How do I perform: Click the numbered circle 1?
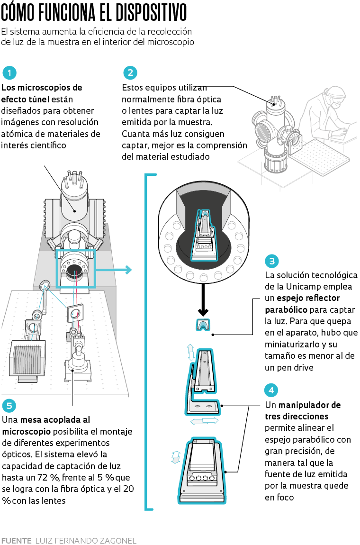9,73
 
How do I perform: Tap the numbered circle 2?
130,73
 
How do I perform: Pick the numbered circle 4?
271,391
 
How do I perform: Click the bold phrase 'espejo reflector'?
308,298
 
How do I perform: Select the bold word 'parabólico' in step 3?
286,309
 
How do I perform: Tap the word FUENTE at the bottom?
16,540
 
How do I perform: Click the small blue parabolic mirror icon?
203,325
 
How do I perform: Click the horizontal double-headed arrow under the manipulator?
204,421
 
